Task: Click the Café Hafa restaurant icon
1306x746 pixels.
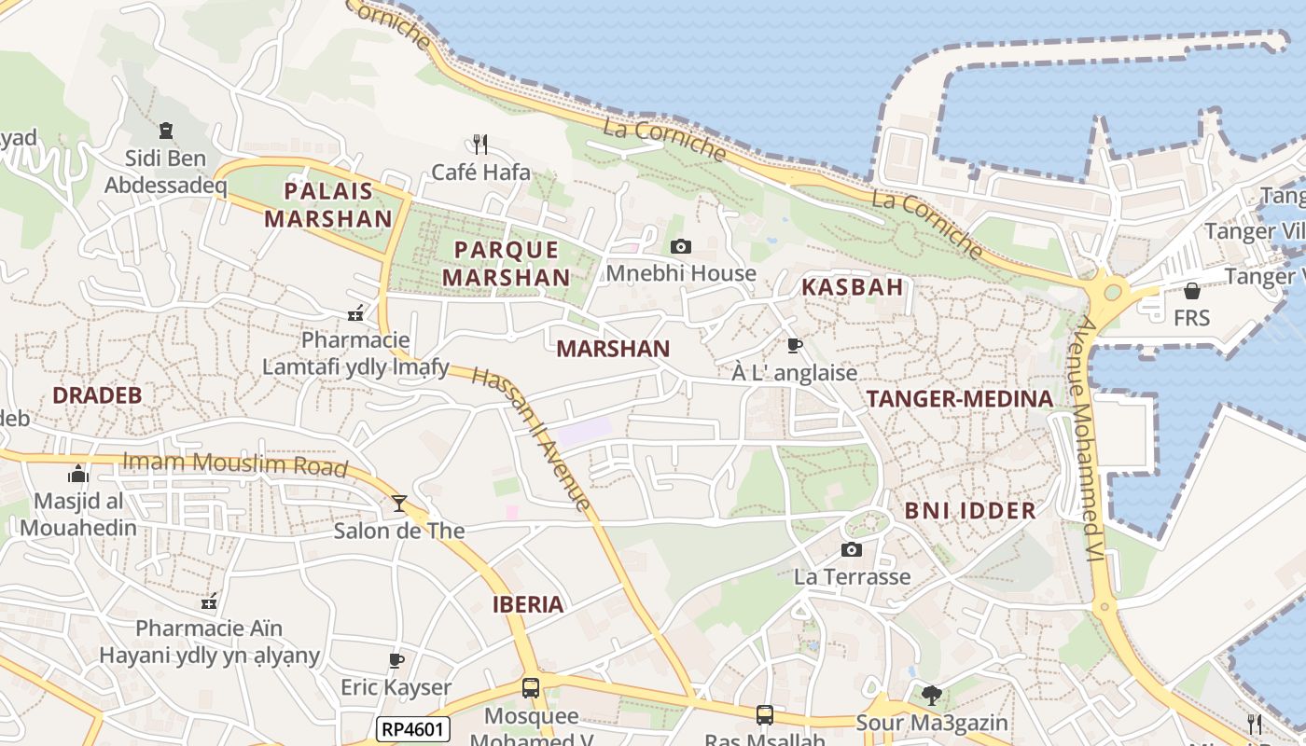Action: point(480,145)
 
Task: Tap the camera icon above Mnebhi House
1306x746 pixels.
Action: point(681,246)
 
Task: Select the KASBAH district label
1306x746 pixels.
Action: point(853,287)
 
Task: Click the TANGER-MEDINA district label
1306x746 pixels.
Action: point(960,399)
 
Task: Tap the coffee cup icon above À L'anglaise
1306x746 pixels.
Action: point(794,346)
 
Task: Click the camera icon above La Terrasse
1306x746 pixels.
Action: point(851,549)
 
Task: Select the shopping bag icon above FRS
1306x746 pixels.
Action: point(1191,291)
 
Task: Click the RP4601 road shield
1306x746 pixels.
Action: point(413,729)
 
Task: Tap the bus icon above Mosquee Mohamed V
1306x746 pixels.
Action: point(531,689)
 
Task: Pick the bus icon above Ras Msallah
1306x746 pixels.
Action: point(765,715)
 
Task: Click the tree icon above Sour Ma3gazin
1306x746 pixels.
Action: point(931,695)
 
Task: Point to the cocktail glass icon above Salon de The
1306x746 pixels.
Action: point(399,504)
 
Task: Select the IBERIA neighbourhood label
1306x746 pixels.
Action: point(528,604)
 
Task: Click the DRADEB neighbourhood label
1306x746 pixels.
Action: point(97,395)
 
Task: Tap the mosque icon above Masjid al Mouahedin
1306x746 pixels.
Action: point(78,474)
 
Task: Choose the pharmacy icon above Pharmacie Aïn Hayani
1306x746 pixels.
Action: point(209,601)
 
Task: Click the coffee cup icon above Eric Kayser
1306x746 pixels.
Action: point(396,661)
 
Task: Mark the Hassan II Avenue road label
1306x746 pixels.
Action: point(532,438)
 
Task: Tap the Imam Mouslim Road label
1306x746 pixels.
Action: point(235,464)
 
